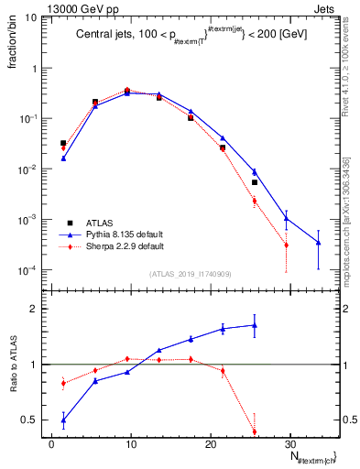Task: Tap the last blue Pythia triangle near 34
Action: coord(318,243)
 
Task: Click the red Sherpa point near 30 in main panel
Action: coord(286,245)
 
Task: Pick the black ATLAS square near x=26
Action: coord(255,182)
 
